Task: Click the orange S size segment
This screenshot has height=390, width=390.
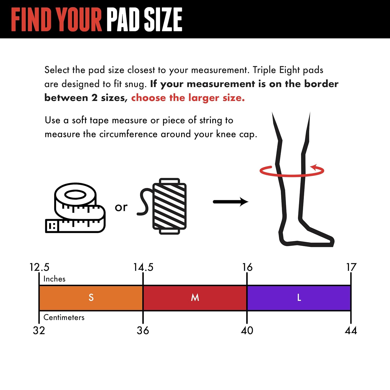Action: point(91,298)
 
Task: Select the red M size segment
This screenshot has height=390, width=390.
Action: point(195,298)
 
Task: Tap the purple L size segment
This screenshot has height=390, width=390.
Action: point(299,298)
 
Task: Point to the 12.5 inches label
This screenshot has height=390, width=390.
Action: point(39,267)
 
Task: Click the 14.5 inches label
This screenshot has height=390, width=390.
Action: point(143,267)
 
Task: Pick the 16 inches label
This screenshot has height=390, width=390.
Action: point(247,267)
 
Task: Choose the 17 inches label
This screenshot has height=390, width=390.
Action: point(351,267)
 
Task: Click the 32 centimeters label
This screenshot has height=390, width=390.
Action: point(39,330)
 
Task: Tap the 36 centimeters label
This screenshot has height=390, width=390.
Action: point(143,330)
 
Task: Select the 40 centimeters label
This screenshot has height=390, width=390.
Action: point(247,330)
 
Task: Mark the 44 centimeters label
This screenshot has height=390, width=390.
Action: point(351,330)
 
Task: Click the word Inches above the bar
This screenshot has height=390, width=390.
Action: point(54,279)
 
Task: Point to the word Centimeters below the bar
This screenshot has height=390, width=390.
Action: point(64,317)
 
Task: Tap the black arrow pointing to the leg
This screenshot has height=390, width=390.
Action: point(231,202)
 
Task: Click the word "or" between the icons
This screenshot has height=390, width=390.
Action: point(121,207)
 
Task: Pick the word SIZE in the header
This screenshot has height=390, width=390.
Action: point(163,19)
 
